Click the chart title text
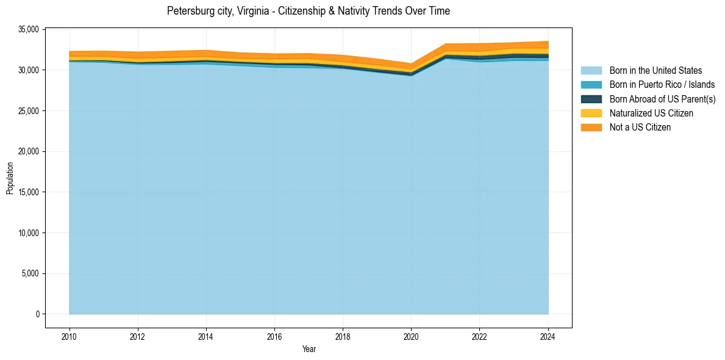(x=308, y=11)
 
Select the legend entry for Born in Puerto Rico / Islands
(x=662, y=85)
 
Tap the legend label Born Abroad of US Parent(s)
(x=662, y=99)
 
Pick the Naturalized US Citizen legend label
(x=651, y=113)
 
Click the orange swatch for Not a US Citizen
(x=591, y=128)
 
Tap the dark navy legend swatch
(x=591, y=99)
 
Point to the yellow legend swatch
(x=591, y=113)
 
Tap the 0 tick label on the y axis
(x=38, y=314)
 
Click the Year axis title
(x=309, y=349)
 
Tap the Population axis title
(x=10, y=178)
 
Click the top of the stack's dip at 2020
(x=412, y=63)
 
